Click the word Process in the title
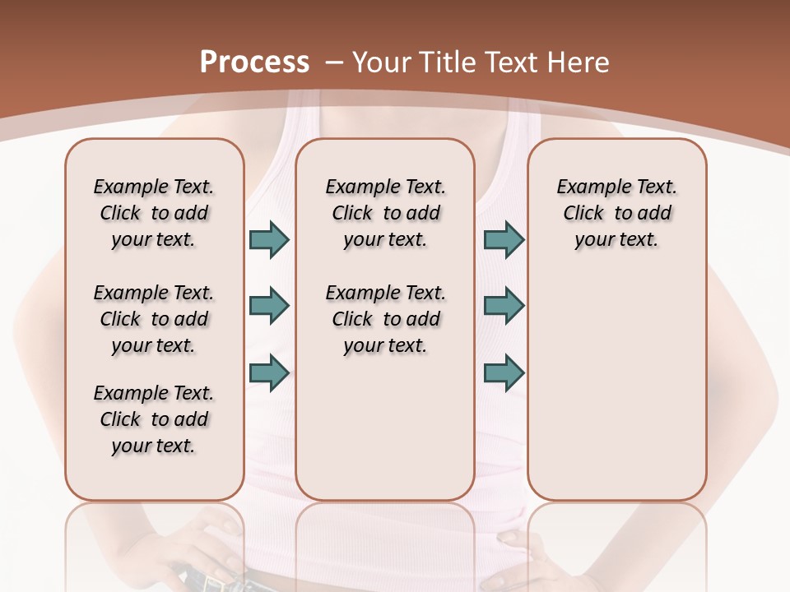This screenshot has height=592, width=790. coord(254,62)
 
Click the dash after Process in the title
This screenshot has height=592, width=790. coord(333,62)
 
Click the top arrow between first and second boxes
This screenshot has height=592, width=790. coord(269,239)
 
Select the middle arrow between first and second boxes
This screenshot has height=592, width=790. coord(269,306)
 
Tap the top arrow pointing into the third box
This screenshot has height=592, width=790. coord(504,239)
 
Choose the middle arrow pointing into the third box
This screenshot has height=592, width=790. coord(504,306)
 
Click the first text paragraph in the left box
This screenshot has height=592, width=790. coord(154,213)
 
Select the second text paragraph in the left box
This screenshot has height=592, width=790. coord(154,319)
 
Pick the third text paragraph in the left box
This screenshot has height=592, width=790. coord(154,419)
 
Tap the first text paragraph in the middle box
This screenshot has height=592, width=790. coord(385,213)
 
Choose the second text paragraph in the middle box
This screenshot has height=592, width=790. coord(385,319)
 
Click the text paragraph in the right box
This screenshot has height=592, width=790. coord(616,213)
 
